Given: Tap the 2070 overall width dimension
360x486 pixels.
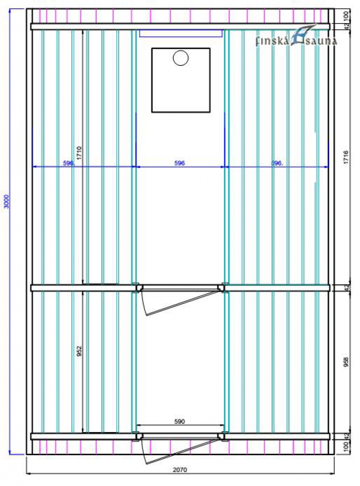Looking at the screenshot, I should click(180, 470).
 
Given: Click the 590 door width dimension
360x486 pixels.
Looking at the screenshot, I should click(180, 421).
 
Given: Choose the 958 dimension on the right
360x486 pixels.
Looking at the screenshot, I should click(346, 362).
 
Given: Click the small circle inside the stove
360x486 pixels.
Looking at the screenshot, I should click(181, 58).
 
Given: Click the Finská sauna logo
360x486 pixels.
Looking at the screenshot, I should click(297, 37).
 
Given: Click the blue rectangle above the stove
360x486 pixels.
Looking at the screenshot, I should click(181, 33).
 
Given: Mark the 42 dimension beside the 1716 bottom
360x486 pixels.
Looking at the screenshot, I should click(346, 287).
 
